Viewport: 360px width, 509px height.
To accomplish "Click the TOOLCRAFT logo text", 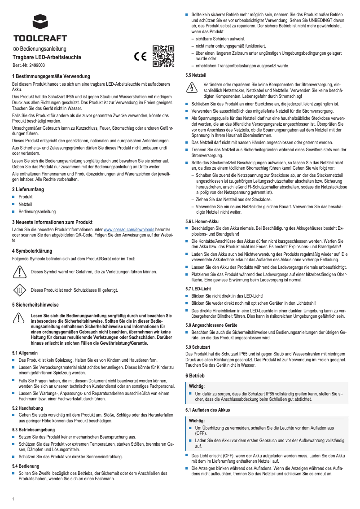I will click(x=40, y=38).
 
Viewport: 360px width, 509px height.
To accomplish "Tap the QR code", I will click(x=163, y=56).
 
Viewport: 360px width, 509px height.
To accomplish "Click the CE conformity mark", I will click(x=140, y=57).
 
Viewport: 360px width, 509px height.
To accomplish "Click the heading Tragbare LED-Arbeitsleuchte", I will click(x=47, y=57).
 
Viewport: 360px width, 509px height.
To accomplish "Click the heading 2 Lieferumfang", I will click(x=28, y=189).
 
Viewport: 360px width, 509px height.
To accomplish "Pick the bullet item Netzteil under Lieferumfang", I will click(x=26, y=204).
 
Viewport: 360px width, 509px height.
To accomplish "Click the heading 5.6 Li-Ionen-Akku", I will click(x=202, y=221).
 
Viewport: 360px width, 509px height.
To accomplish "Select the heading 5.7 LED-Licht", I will click(x=198, y=288).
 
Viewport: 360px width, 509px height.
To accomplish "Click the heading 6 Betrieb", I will click(x=195, y=375).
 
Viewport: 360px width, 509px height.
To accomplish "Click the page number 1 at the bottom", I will click(x=13, y=499).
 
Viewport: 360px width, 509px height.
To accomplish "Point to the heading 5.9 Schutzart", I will click(x=198, y=347).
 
